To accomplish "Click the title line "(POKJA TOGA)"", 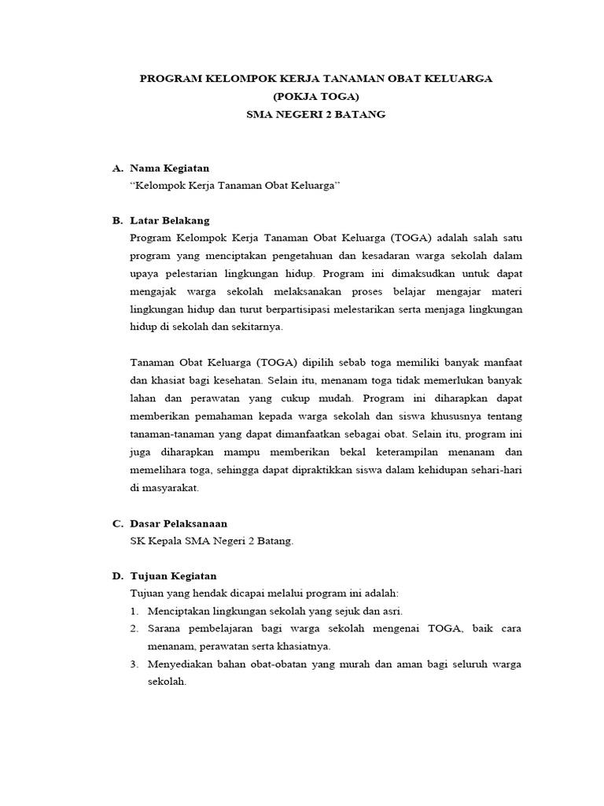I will [315, 97].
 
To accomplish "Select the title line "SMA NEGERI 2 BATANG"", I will [315, 114].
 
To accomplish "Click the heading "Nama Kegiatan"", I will [170, 168].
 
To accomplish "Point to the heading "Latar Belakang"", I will [170, 220].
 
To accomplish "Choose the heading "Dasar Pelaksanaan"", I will [179, 523].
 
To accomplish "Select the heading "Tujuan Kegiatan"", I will [173, 576].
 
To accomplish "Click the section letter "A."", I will [118, 168].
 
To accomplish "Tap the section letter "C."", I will [118, 523].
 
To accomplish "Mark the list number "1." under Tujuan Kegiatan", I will [135, 611].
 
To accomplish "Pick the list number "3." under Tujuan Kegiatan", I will [135, 664].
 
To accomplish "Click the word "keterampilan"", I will [399, 452].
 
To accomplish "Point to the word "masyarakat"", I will [171, 488].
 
